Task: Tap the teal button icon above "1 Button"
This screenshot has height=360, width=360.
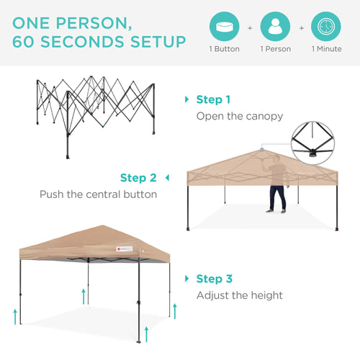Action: coord(224,27)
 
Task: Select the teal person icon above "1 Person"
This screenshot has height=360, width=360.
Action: coord(275,27)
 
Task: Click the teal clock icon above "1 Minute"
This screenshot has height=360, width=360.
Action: coord(326,27)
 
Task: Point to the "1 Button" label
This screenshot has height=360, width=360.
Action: coord(224,49)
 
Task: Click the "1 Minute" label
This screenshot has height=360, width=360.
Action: coord(326,49)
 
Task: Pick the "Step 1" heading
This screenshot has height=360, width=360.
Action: coord(214,99)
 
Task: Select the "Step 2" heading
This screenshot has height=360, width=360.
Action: coord(138,177)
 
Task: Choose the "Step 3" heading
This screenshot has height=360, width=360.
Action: coord(214,278)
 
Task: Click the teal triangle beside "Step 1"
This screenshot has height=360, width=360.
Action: coord(187,99)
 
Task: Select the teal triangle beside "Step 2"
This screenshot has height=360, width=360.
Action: coord(167,177)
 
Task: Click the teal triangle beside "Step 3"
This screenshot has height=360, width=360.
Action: coord(187,278)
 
